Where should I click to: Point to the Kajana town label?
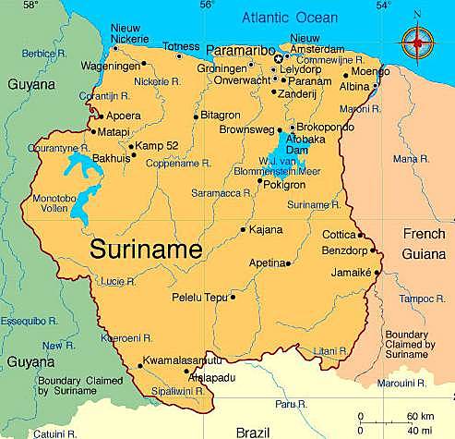coord(266,229)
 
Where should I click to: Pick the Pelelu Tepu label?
coord(199,297)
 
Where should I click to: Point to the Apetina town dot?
coord(289,263)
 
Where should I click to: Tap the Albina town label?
coord(354,85)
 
